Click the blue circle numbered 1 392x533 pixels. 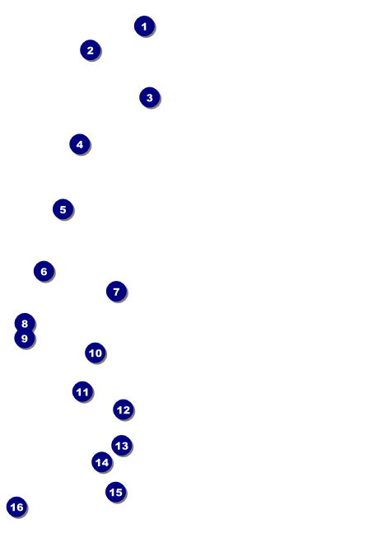(144, 26)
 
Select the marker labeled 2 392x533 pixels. (91, 50)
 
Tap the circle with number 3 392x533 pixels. (149, 97)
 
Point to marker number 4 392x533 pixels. (80, 144)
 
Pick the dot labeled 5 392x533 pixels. (63, 209)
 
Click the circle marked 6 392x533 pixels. (44, 271)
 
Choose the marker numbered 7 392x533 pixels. (116, 292)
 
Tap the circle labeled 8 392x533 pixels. (25, 323)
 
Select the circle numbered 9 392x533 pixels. (25, 339)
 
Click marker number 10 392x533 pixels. (96, 353)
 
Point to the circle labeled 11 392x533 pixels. (83, 392)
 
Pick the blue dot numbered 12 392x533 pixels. (124, 409)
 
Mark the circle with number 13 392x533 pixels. (122, 446)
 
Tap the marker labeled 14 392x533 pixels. (102, 462)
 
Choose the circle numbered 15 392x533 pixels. (116, 492)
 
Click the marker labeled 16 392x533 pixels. (17, 507)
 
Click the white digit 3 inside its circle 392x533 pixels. (149, 98)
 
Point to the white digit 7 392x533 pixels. (116, 292)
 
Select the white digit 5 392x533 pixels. (63, 210)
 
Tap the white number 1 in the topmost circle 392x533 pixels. (144, 26)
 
